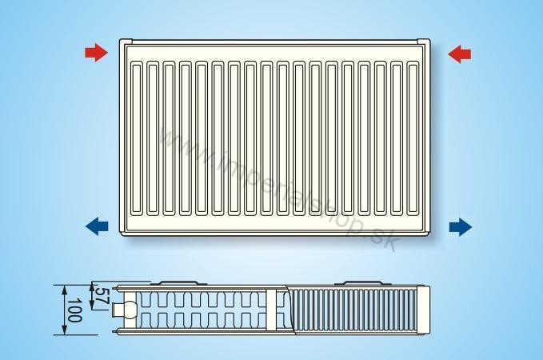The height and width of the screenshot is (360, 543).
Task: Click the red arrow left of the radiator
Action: pyautogui.click(x=96, y=52)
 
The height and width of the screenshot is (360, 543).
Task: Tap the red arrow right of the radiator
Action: pyautogui.click(x=459, y=54)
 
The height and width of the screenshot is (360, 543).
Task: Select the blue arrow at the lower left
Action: pyautogui.click(x=97, y=226)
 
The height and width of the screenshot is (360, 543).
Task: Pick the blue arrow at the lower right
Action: pyautogui.click(x=461, y=227)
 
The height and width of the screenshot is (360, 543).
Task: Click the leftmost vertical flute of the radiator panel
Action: pyautogui.click(x=137, y=138)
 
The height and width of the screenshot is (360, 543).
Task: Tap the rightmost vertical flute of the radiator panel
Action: pyautogui.click(x=413, y=138)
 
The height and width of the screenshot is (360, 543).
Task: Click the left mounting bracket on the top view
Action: pyautogui.click(x=178, y=282)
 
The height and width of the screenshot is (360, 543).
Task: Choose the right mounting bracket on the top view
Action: pyautogui.click(x=362, y=282)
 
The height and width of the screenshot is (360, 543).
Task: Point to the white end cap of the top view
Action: pyautogui.click(x=423, y=310)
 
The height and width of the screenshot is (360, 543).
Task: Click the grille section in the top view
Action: pyautogui.click(x=353, y=310)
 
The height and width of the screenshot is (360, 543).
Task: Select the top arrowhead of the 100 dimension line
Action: pyautogui.click(x=65, y=290)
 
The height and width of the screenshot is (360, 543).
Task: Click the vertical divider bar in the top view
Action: pyautogui.click(x=272, y=310)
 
